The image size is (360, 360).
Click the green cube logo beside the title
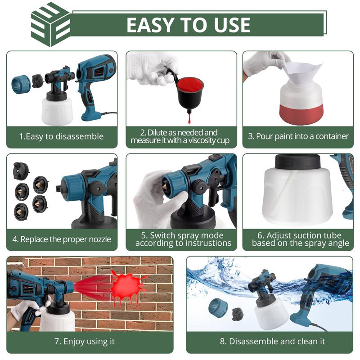(x=50, y=25)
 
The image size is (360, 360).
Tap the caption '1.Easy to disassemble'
(x=61, y=136)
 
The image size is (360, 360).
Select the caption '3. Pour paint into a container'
(x=298, y=136)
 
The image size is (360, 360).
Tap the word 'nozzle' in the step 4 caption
(x=100, y=239)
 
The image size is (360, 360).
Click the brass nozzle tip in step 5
(x=165, y=186)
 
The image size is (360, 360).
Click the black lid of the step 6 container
(x=297, y=161)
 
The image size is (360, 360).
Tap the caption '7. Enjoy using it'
(x=85, y=342)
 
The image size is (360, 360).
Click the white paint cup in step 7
(x=58, y=319)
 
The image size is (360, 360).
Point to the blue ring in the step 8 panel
(x=218, y=308)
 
